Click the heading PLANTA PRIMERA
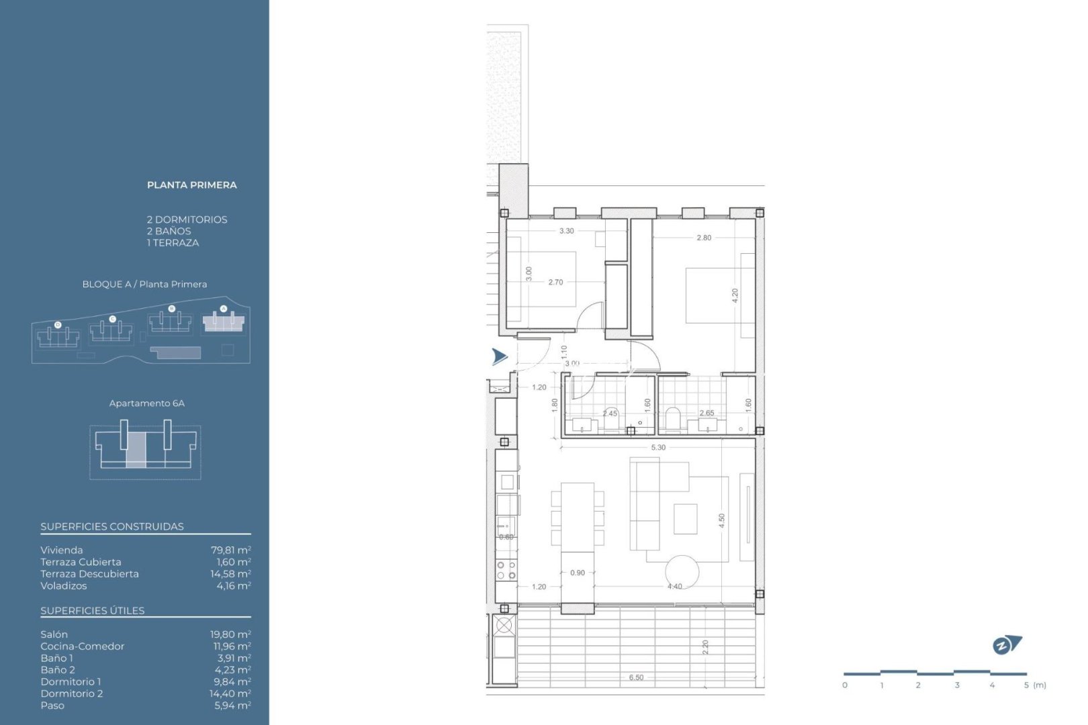[x=191, y=185]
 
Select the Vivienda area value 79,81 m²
[x=231, y=550]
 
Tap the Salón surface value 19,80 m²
[x=230, y=634]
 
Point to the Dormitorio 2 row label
[x=72, y=694]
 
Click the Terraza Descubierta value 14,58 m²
[x=230, y=574]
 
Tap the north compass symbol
[x=1006, y=645]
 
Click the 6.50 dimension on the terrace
[x=636, y=677]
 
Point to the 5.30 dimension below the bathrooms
[x=658, y=448]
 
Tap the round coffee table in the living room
[x=682, y=572]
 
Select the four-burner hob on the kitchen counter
[x=506, y=571]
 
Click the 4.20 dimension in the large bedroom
[x=735, y=296]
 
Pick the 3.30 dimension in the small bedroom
[x=567, y=231]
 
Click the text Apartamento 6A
[x=146, y=403]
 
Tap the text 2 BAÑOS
[x=169, y=231]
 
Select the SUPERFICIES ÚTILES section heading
[x=93, y=611]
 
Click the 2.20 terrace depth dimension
[x=705, y=647]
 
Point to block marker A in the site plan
[x=224, y=309]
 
